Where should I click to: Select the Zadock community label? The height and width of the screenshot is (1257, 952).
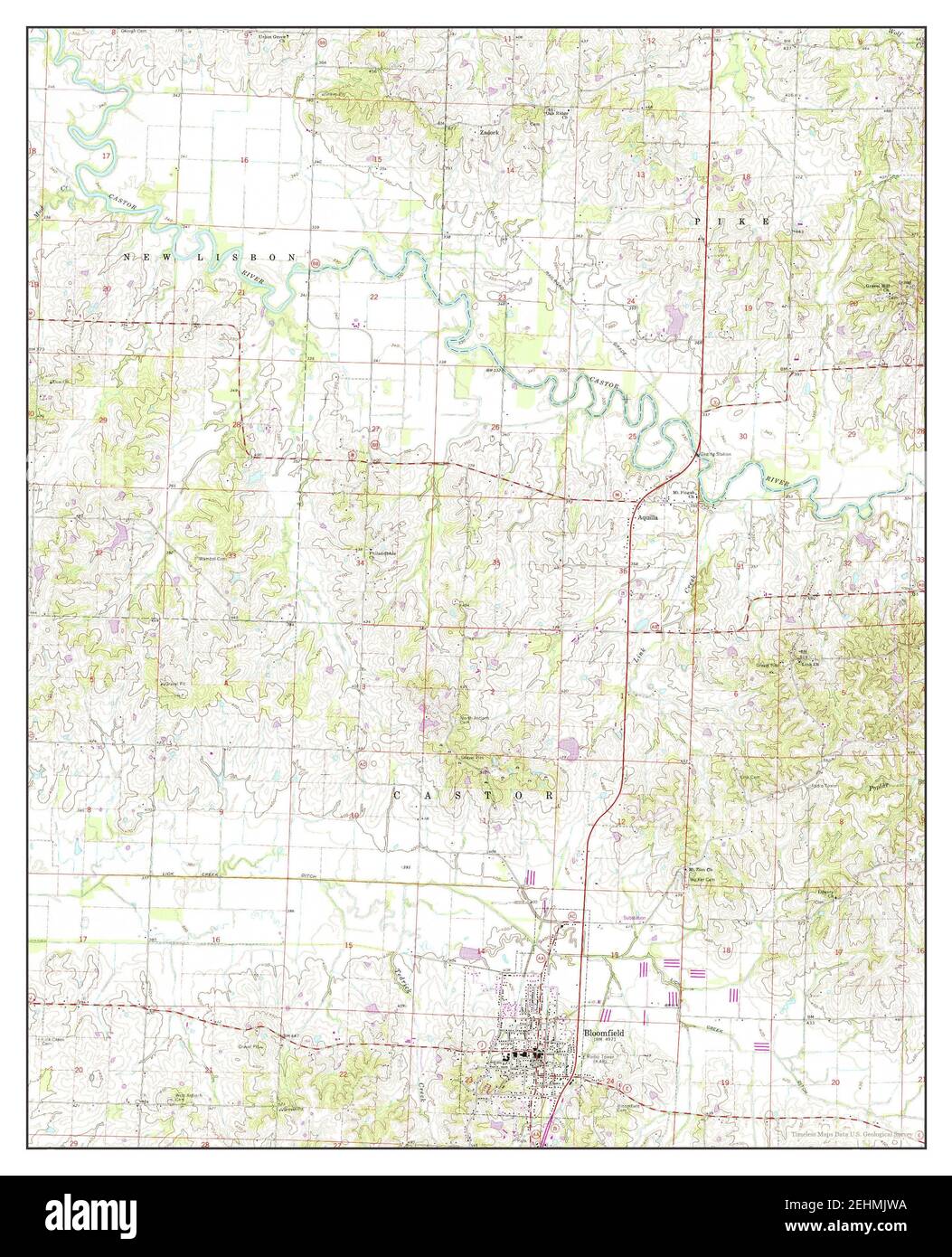point(490,131)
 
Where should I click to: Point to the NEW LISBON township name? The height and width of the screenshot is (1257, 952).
point(210,259)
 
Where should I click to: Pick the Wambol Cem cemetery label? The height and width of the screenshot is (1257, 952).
point(213,559)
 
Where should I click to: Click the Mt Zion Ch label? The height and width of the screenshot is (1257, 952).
point(701,869)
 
